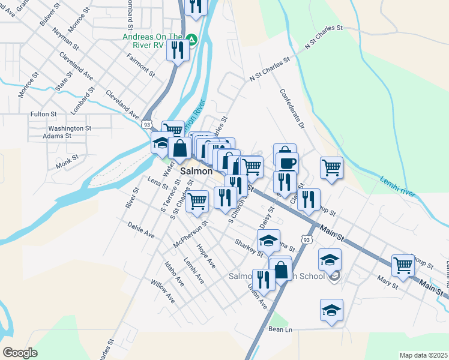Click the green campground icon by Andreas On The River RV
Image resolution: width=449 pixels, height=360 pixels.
pyautogui.click(x=191, y=40)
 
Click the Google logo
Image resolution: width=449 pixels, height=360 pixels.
pyautogui.click(x=20, y=353)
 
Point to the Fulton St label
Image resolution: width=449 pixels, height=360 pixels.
pyautogui.click(x=43, y=114)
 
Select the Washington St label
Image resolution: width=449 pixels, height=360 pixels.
pyautogui.click(x=70, y=128)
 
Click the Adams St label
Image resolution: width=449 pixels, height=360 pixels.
pyautogui.click(x=57, y=136)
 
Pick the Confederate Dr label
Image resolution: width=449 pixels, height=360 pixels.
pyautogui.click(x=292, y=110)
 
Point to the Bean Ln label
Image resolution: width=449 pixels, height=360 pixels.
pyautogui.click(x=280, y=329)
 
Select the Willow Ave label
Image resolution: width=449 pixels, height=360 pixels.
pyautogui.click(x=162, y=291)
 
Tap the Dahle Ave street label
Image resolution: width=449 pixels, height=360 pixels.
pyautogui.click(x=141, y=230)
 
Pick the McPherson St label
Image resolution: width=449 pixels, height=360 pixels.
pyautogui.click(x=190, y=235)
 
